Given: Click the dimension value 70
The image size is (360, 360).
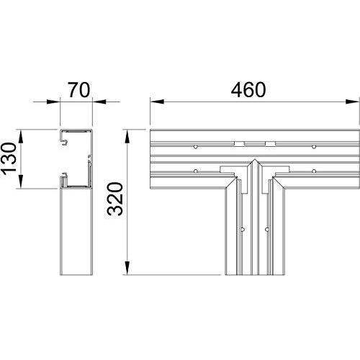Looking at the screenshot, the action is (78, 90).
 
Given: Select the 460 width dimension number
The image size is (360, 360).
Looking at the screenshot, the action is (248, 90).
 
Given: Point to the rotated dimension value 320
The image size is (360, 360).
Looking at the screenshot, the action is (115, 199).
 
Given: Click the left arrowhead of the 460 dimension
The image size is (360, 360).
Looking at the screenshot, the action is (157, 102).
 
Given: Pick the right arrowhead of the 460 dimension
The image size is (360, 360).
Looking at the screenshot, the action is (353, 102).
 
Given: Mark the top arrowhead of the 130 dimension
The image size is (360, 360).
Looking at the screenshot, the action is (21, 137).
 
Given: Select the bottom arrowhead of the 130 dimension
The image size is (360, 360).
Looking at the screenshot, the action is (21, 181).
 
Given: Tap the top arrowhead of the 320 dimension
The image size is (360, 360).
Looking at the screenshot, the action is (127, 137).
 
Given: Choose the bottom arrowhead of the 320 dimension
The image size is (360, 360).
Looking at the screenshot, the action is (127, 268).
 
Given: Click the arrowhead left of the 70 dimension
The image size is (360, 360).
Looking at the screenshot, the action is (53, 102).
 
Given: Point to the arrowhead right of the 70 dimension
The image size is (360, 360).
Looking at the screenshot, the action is (99, 102).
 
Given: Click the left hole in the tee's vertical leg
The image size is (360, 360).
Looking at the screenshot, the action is (243, 230).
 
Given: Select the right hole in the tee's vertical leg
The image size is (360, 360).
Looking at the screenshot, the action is (267, 230).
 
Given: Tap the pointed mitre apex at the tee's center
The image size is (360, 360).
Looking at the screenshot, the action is (255, 160).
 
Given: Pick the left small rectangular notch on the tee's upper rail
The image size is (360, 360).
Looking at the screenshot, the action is (239, 144).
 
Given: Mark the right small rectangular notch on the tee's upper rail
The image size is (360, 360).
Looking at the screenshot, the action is (271, 144).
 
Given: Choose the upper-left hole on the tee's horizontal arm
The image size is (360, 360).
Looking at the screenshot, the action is (196, 147).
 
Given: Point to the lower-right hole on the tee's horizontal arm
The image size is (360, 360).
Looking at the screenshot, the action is (314, 171).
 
